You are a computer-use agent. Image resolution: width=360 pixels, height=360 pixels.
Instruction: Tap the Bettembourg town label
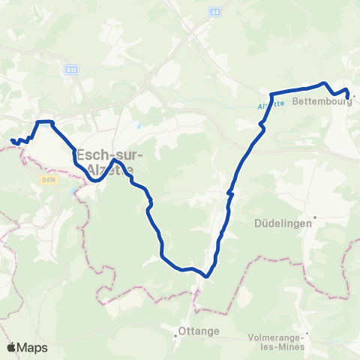[x=322, y=102]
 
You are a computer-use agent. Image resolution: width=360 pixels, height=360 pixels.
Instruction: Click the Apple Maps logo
[x=27, y=347]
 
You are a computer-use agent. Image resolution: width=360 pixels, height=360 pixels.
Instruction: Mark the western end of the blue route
[x=12, y=140]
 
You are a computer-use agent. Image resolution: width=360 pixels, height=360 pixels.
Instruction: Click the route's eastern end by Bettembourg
[x=346, y=97]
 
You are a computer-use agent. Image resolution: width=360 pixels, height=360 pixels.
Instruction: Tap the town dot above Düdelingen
[x=316, y=217]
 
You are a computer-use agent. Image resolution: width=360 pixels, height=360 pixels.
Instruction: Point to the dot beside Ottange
[x=175, y=331]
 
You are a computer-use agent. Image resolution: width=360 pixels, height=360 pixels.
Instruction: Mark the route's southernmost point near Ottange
[x=206, y=275]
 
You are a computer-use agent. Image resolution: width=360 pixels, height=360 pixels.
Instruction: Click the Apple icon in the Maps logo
[x=12, y=347]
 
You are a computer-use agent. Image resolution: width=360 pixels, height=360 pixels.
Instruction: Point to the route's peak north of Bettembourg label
[x=323, y=84]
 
